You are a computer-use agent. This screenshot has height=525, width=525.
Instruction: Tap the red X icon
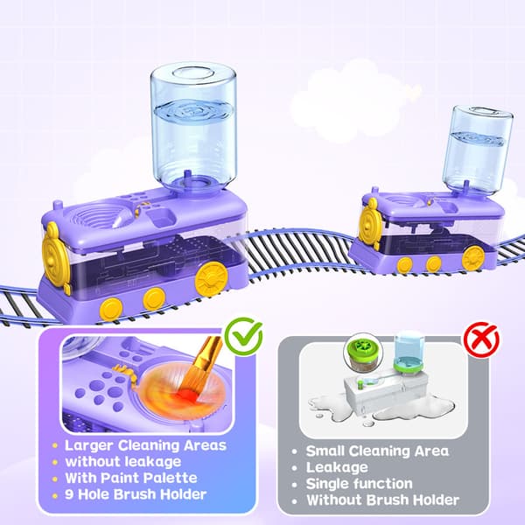(x=481, y=339)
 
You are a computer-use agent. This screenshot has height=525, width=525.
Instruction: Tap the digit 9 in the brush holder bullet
(x=69, y=494)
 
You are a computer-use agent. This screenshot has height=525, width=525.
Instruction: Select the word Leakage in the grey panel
(x=337, y=468)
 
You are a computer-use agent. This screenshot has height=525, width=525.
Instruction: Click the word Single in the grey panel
(x=327, y=484)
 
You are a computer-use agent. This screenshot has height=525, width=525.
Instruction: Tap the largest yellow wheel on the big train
(x=212, y=277)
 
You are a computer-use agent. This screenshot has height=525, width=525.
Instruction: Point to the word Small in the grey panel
(x=324, y=451)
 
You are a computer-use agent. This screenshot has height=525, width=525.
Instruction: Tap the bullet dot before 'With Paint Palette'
(x=55, y=479)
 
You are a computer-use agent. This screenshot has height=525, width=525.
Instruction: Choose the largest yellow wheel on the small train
(x=472, y=257)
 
